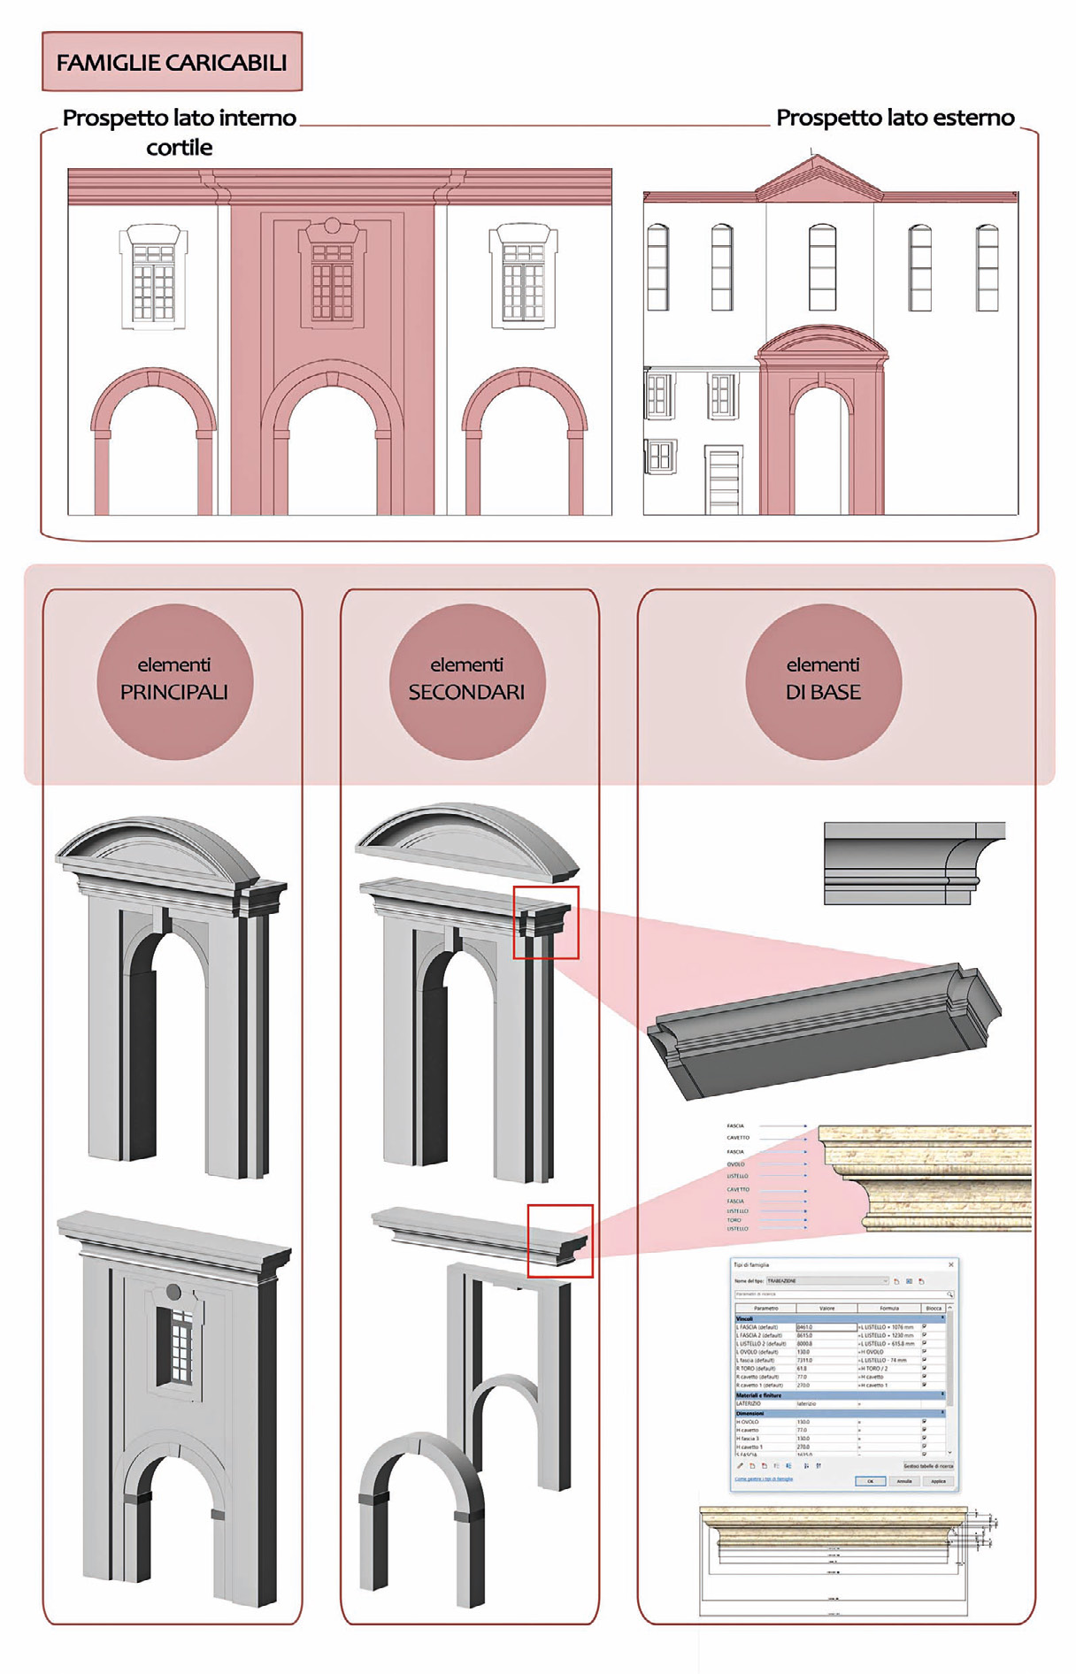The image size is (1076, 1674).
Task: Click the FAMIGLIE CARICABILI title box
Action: pos(172,62)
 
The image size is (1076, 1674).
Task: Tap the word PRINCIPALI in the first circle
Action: pos(174,692)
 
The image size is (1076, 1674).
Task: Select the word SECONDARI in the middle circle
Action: pos(466,692)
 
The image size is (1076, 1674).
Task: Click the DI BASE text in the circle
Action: pos(823,692)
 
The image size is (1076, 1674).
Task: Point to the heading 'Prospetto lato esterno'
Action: pos(895,118)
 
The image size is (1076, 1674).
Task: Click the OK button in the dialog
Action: pos(870,1481)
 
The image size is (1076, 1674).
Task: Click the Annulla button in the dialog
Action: pos(903,1481)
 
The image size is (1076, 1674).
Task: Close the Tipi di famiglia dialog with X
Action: pos(951,1264)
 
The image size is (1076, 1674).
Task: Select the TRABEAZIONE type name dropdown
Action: pos(826,1281)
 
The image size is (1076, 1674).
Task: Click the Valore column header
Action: pos(826,1308)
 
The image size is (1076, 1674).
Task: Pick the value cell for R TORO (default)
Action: pos(826,1369)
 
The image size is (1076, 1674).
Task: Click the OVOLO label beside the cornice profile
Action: pos(736,1164)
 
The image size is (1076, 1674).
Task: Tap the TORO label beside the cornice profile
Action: pos(734,1220)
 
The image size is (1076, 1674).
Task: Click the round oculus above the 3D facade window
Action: pos(173,1292)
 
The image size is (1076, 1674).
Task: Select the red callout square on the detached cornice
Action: pos(559,1240)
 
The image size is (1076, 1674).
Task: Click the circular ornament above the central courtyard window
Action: pos(332,225)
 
